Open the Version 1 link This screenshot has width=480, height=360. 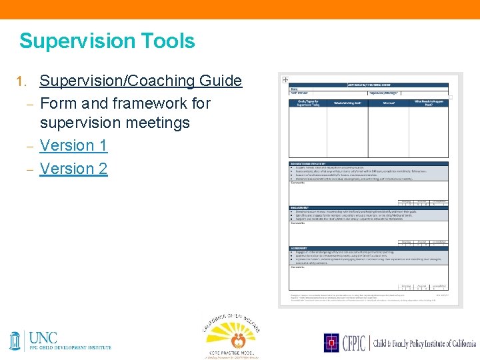[73, 145]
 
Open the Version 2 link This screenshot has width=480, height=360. [73, 169]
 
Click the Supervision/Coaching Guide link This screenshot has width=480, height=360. [141, 81]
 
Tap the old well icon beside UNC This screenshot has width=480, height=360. [15, 340]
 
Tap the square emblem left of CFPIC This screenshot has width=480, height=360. [332, 343]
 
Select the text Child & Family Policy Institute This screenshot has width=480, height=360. [427, 343]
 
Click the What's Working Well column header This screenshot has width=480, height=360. [347, 103]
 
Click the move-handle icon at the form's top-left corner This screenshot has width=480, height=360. [285, 79]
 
